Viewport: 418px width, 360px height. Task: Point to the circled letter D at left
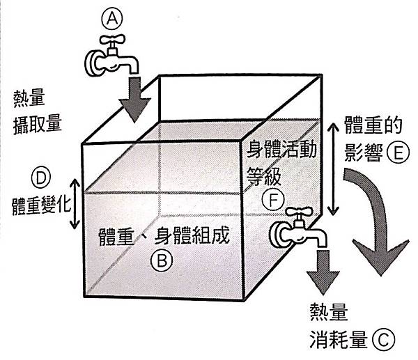tap(41, 180)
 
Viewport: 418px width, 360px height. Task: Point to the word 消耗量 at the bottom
tap(339, 341)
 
